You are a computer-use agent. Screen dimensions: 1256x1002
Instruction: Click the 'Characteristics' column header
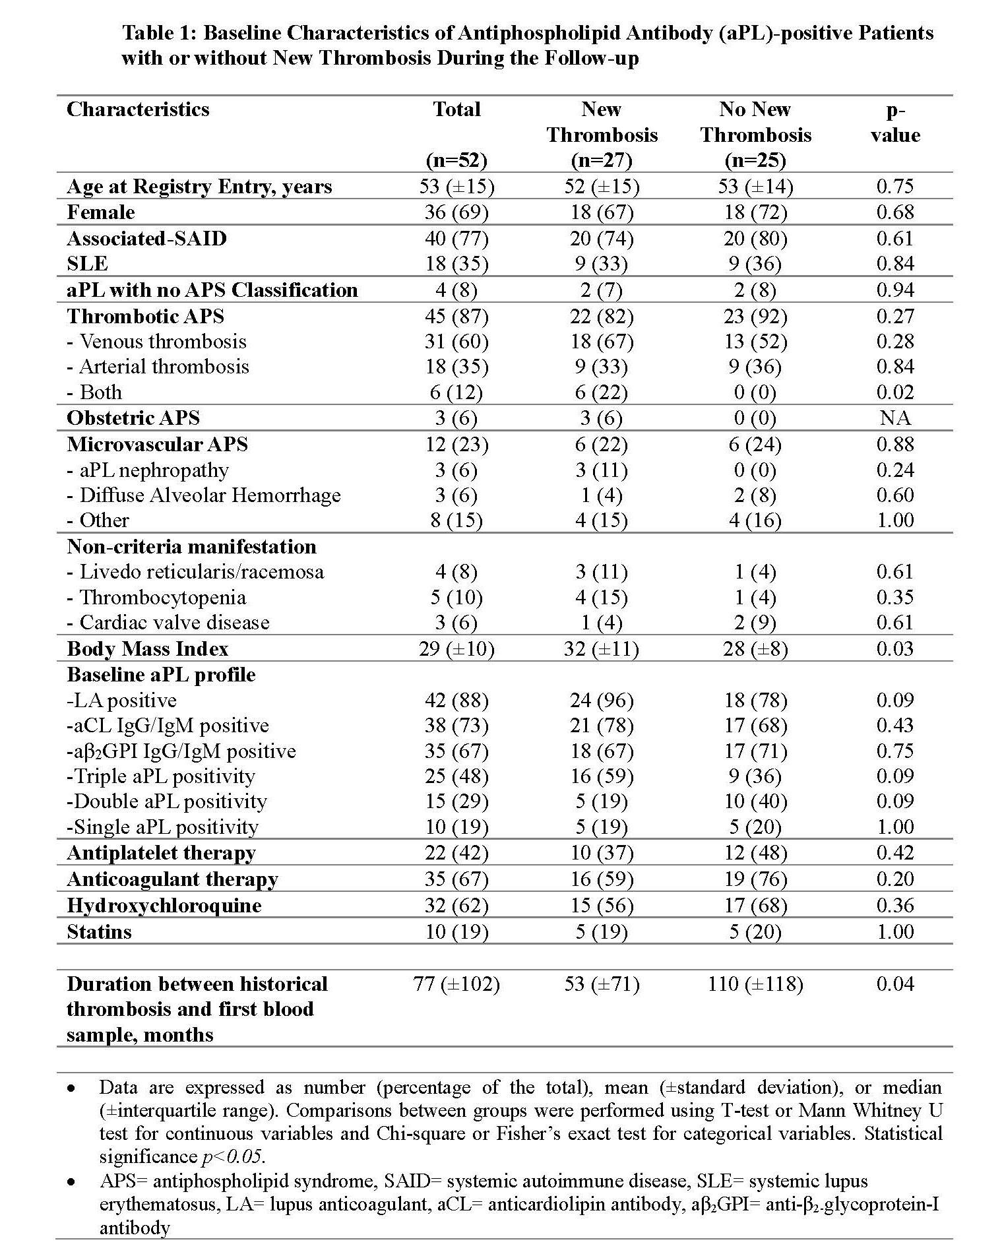pos(138,110)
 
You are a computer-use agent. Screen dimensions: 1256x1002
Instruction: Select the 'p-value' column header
pos(894,123)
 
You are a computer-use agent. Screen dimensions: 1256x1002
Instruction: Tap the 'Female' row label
pos(101,212)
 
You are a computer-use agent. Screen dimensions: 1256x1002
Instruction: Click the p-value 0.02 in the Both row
pos(894,392)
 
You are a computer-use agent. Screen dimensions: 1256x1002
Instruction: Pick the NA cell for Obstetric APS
pos(894,418)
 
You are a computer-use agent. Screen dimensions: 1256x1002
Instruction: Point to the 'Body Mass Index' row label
pos(147,649)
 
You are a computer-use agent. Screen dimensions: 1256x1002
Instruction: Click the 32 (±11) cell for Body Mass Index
pos(602,649)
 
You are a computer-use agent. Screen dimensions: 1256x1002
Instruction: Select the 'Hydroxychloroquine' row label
pos(164,906)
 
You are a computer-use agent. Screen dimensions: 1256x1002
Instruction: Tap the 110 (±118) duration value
pos(755,984)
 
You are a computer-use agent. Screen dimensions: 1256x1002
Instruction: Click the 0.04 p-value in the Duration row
pos(894,984)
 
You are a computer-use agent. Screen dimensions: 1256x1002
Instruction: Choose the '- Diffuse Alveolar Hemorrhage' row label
pos(204,495)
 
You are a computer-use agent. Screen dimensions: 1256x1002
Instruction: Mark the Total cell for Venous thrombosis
pos(456,342)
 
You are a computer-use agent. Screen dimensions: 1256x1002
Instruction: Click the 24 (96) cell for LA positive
pos(602,701)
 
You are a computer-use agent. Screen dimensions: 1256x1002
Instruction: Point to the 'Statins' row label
pos(99,932)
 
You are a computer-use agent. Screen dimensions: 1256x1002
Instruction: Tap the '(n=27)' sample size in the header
pos(602,160)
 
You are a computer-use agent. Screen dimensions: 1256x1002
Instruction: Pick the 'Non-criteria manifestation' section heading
pos(191,547)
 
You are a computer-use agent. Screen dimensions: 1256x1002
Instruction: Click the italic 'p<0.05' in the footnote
pos(233,1156)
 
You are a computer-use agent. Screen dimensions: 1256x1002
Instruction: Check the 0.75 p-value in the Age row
pos(894,187)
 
